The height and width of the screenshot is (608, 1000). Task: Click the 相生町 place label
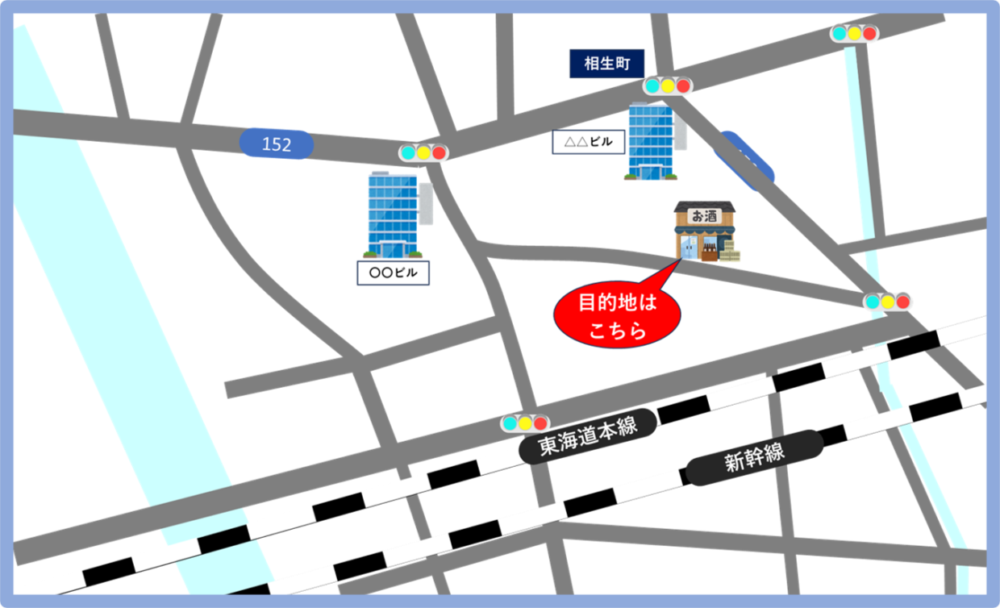click(606, 64)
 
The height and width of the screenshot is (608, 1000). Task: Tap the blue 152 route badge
click(276, 144)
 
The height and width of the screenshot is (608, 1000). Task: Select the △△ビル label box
click(588, 142)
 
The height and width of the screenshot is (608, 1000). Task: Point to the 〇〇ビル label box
click(393, 273)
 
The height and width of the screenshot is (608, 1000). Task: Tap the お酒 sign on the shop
click(704, 215)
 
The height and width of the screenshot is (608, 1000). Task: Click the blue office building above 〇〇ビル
click(393, 214)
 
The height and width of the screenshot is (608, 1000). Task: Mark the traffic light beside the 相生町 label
click(667, 85)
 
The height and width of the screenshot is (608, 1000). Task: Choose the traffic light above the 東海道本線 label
click(524, 423)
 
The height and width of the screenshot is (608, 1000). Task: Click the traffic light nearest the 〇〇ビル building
click(423, 152)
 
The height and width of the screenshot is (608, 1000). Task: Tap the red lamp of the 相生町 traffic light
click(683, 85)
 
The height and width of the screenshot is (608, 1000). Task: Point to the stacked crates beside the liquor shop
click(729, 252)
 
